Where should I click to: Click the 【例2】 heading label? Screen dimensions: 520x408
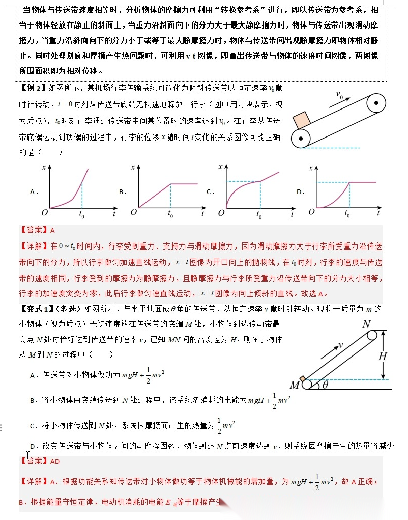32,88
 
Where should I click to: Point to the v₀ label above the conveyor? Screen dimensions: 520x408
340,95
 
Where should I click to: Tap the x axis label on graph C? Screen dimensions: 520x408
221,167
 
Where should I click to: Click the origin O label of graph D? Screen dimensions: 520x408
310,212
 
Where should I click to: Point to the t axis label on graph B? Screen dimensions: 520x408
202,213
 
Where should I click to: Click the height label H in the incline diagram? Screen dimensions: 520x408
382,356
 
